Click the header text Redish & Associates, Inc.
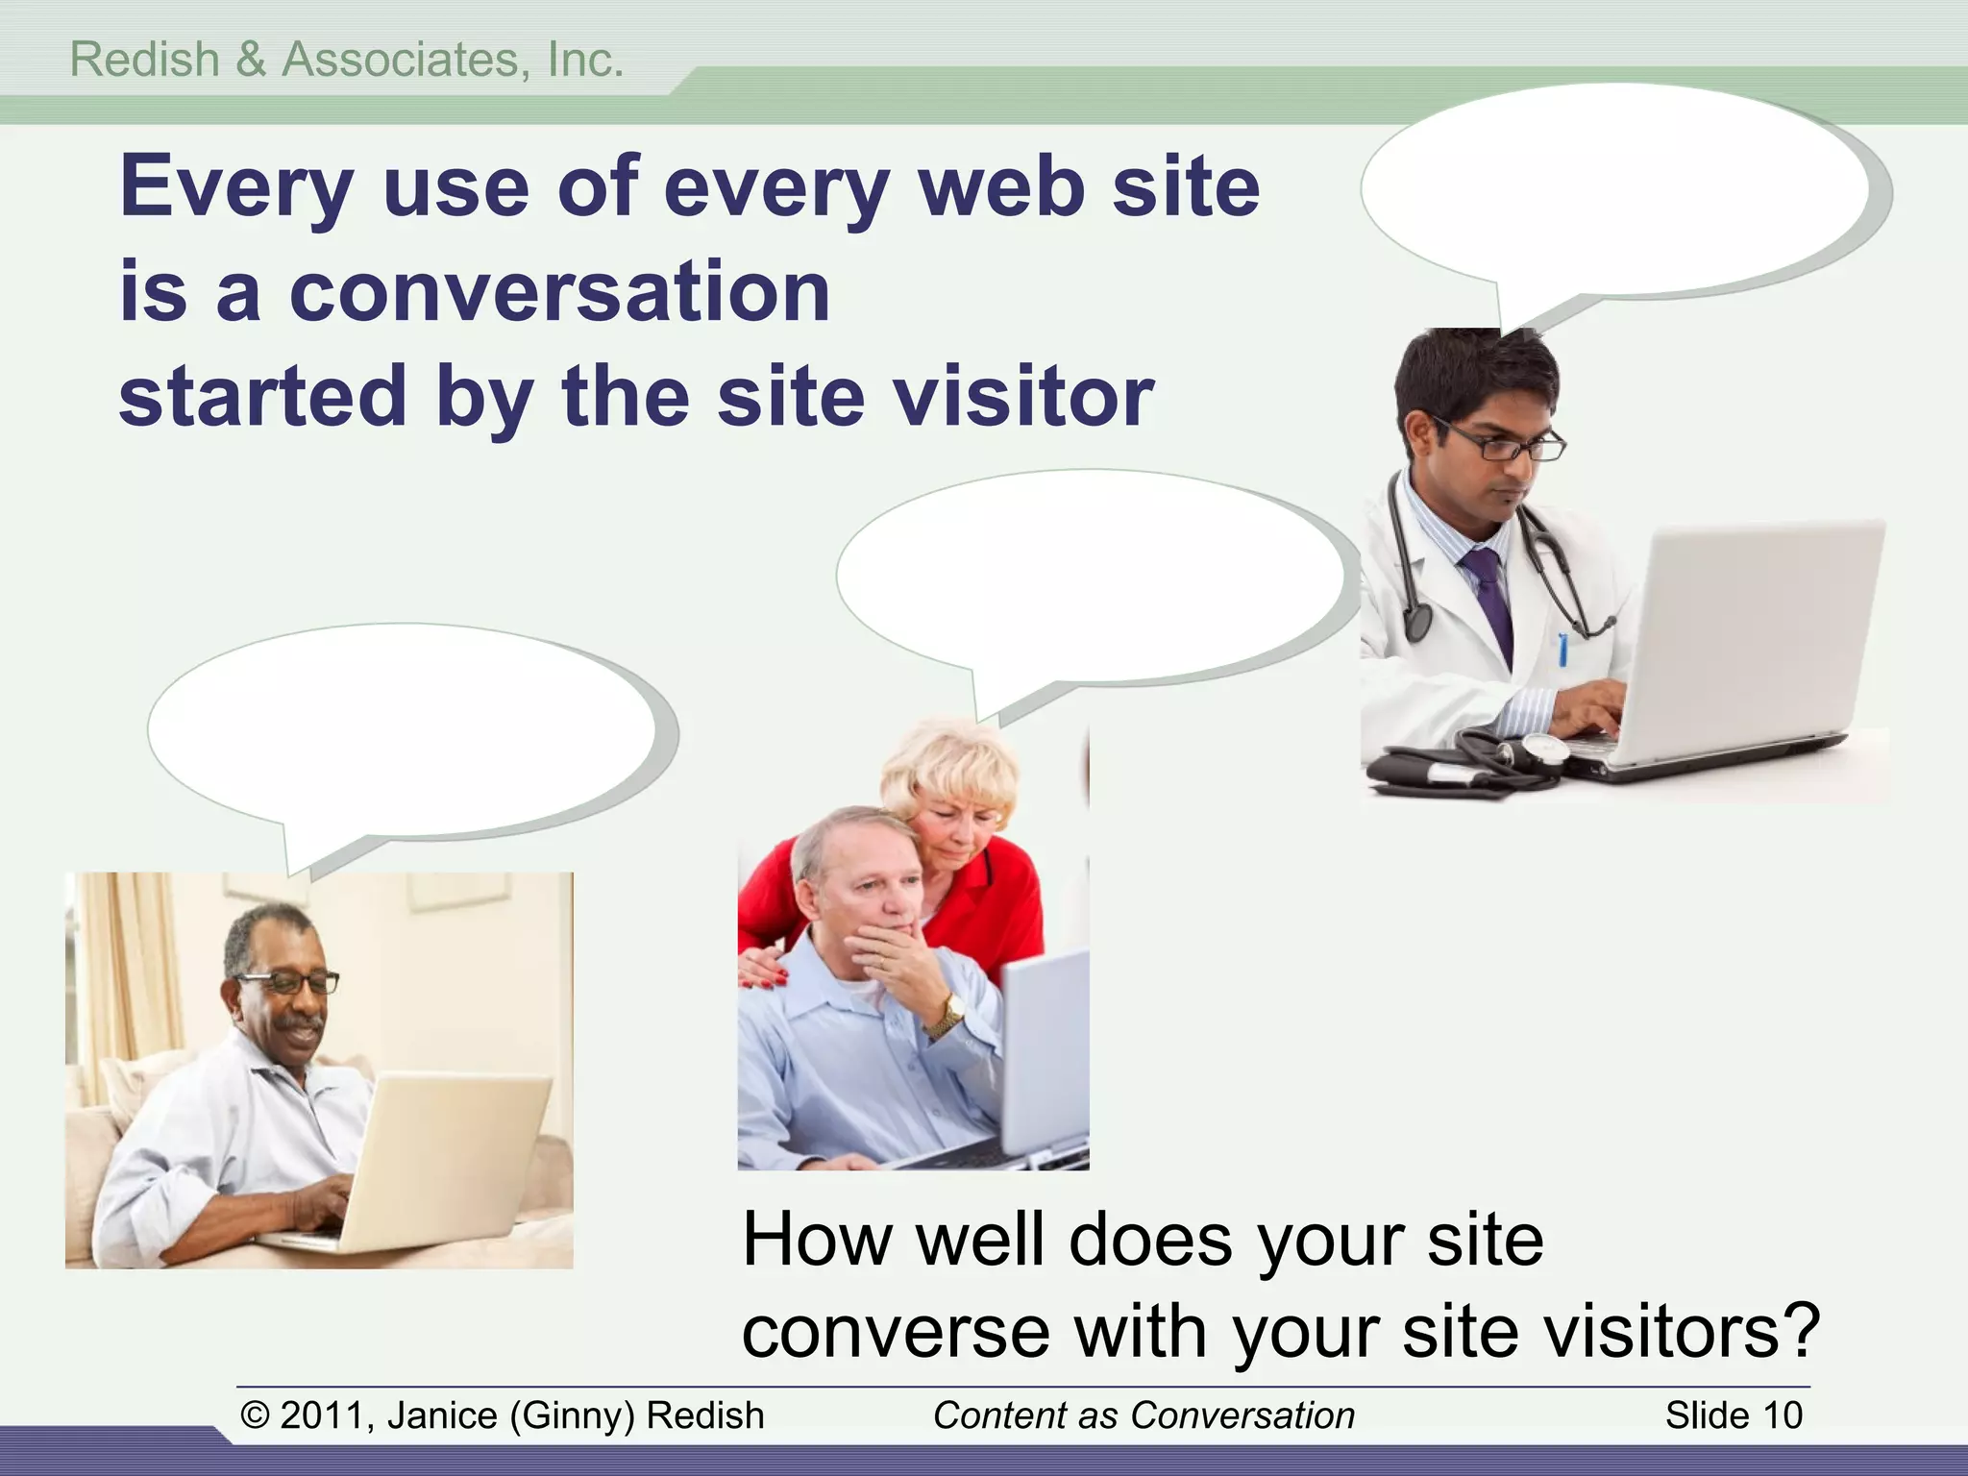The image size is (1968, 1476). click(347, 60)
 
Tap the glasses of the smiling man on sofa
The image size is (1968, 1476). click(289, 982)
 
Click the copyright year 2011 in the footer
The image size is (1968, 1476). click(321, 1415)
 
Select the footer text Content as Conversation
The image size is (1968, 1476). click(1144, 1415)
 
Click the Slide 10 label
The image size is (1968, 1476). click(1734, 1415)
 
